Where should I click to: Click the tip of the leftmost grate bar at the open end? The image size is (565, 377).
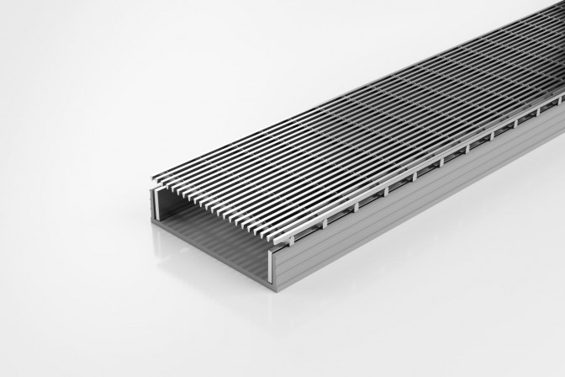pos(153,178)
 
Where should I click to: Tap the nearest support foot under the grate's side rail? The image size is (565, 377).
pos(298,228)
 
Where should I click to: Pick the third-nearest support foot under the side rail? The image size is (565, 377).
pos(356,202)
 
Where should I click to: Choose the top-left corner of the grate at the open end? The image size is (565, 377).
pos(152,177)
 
